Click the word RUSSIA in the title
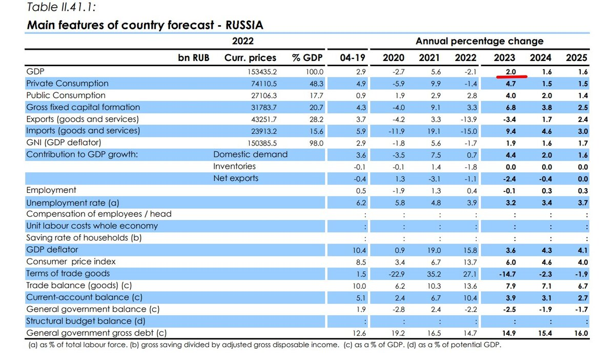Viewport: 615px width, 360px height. point(244,25)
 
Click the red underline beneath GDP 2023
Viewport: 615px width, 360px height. point(512,76)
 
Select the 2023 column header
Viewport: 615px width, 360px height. point(504,58)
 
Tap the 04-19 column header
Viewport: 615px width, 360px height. point(353,58)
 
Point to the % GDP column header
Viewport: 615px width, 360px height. point(307,58)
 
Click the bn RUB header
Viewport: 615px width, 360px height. point(194,58)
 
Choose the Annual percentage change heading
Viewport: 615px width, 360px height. point(479,41)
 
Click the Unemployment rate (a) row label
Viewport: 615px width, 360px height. point(73,203)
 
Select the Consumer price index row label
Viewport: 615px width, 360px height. point(71,262)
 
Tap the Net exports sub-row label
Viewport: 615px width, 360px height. point(236,178)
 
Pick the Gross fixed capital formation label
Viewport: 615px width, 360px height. point(83,107)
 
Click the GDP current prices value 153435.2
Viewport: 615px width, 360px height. point(262,72)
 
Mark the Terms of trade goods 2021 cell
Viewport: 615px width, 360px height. point(434,274)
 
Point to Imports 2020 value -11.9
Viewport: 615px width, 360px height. point(397,131)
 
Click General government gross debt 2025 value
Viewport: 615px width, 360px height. point(581,333)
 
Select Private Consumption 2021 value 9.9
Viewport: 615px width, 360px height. point(436,84)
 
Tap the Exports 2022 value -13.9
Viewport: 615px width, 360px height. point(468,119)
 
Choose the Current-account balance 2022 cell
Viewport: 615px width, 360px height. point(470,298)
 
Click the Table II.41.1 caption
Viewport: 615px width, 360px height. point(61,7)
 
